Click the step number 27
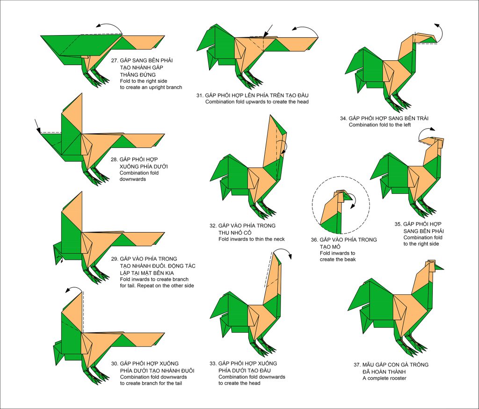114,60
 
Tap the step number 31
199,95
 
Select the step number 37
357,365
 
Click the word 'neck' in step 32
279,239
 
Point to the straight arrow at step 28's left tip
37,125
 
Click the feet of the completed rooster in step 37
413,344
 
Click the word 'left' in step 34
406,125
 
